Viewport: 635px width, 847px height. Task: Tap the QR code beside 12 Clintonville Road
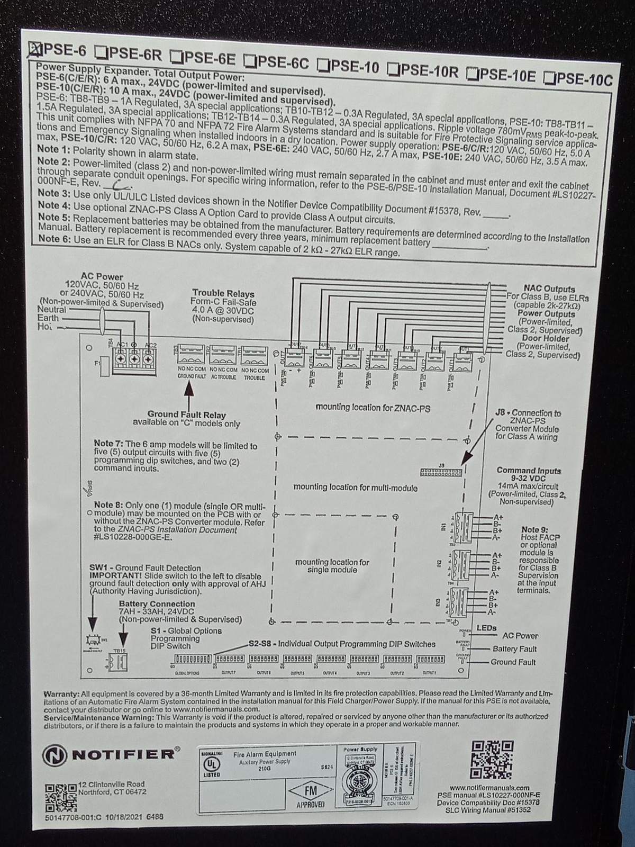60,797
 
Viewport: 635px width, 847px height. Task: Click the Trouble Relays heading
223,293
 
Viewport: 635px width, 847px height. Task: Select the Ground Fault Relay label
186,415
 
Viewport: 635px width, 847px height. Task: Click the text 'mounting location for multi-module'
355,488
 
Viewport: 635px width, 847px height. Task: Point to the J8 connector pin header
440,471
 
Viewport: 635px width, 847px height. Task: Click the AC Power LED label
520,636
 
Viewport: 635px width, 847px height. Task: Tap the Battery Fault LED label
514,649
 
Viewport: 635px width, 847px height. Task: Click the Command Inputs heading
529,471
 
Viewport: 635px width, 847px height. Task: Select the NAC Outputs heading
549,289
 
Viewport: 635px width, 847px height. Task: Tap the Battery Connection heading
157,603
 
